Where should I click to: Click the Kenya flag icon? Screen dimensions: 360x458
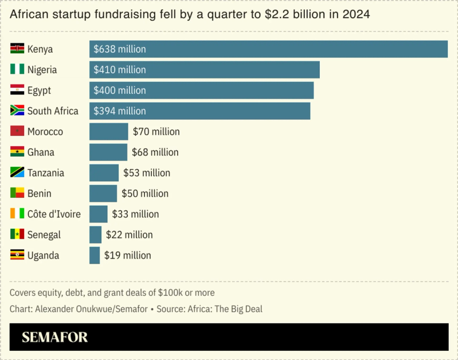click(x=17, y=49)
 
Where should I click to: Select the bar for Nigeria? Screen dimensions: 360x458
click(x=204, y=70)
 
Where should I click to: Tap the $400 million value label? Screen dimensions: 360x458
click(x=120, y=91)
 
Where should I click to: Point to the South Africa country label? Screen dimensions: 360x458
click(x=53, y=111)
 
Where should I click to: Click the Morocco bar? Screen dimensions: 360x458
click(x=108, y=132)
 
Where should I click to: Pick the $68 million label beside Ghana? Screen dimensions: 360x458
click(x=155, y=152)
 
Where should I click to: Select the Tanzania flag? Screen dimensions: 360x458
click(x=17, y=173)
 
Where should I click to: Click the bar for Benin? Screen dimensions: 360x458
click(x=103, y=194)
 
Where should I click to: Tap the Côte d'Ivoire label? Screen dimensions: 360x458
click(x=54, y=214)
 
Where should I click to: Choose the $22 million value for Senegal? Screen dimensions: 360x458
click(x=129, y=235)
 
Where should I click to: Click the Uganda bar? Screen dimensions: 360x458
click(x=95, y=256)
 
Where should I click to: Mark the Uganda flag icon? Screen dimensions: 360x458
click(x=17, y=255)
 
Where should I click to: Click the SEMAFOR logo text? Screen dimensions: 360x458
click(x=55, y=337)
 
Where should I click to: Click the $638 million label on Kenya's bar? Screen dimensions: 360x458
click(x=120, y=49)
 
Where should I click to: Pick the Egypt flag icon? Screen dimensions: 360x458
click(x=17, y=90)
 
